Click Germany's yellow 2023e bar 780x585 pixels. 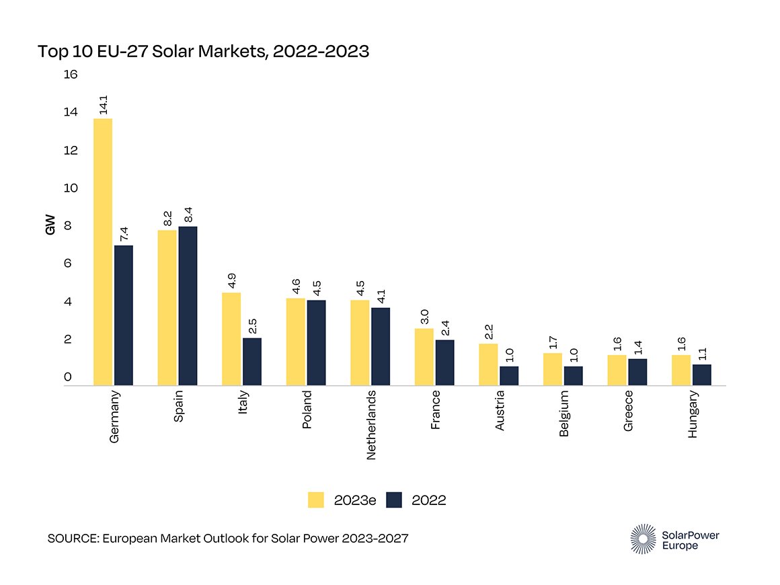pyautogui.click(x=102, y=252)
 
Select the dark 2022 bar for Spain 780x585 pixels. pyautogui.click(x=188, y=306)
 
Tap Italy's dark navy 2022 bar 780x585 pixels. pyautogui.click(x=252, y=362)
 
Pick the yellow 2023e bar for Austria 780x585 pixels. pyautogui.click(x=488, y=364)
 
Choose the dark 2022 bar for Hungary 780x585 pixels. pyautogui.click(x=701, y=375)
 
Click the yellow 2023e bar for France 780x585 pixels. pyautogui.click(x=424, y=357)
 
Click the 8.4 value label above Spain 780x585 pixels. pyautogui.click(x=188, y=215)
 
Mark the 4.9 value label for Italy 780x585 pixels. pyautogui.click(x=231, y=281)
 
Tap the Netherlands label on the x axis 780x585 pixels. pyautogui.click(x=371, y=425)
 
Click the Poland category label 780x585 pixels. pyautogui.click(x=307, y=409)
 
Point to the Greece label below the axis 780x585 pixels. pyautogui.click(x=628, y=411)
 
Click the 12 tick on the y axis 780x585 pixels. pyautogui.click(x=71, y=150)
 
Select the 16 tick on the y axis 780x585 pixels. pyautogui.click(x=71, y=75)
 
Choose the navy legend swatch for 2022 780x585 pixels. pyautogui.click(x=393, y=500)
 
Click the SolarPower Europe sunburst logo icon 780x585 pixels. pyautogui.click(x=643, y=539)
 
